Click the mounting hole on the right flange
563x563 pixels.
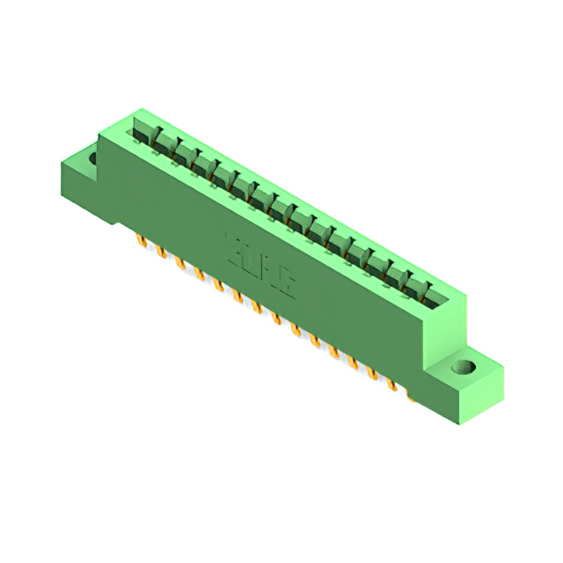(x=464, y=367)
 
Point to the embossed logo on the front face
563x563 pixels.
(x=251, y=254)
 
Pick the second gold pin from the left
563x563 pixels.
(x=160, y=252)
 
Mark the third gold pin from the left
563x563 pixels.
(x=179, y=263)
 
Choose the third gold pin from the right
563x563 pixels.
(x=372, y=373)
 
